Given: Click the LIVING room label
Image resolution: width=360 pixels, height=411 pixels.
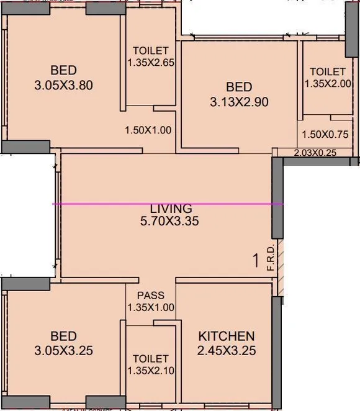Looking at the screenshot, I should (171, 208).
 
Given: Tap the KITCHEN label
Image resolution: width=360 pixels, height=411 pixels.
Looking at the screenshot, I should (226, 336).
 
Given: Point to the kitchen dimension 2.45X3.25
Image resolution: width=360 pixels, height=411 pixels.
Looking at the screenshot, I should (226, 351).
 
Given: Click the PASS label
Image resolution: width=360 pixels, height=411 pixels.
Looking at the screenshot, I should (151, 296).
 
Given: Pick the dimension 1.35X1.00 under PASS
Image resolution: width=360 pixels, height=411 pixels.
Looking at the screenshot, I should (151, 307).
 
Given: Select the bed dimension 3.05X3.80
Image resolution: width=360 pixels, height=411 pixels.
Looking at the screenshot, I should (63, 85).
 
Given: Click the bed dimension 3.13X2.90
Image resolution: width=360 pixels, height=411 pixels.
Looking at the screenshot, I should (239, 102).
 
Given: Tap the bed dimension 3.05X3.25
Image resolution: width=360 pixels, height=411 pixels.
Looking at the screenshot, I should (63, 351).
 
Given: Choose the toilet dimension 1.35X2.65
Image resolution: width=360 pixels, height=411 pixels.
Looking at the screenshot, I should (151, 63).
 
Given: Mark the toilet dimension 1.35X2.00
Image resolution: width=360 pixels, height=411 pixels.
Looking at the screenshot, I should (328, 83).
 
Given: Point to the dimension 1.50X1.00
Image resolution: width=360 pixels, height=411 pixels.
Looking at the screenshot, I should (148, 130).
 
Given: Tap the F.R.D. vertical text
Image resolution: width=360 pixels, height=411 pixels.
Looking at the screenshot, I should (270, 258).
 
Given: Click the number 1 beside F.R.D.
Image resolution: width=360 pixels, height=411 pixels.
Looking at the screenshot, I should (255, 261).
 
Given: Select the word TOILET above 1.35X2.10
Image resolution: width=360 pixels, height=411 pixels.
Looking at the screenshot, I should (151, 359).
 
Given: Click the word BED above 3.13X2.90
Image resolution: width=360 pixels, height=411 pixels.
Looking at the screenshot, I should (239, 87).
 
